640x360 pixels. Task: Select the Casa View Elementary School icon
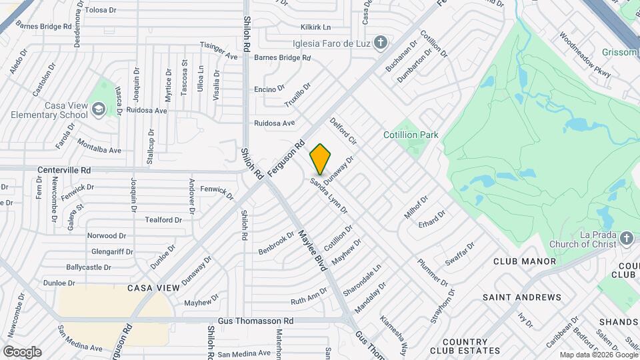tap(99, 109)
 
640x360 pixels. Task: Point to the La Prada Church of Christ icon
tap(626, 238)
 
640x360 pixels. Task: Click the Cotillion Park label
tap(411, 135)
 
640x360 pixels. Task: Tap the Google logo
tap(22, 352)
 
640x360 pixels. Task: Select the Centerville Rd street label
tap(64, 171)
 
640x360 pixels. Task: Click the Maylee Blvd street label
tap(311, 249)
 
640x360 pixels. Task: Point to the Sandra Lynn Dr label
tap(330, 196)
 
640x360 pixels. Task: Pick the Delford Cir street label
tap(344, 133)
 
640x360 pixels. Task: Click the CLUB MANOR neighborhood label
tap(524, 261)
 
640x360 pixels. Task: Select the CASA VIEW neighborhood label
tap(153, 288)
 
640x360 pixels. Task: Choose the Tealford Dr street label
tap(163, 220)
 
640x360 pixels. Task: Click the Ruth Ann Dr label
tap(309, 295)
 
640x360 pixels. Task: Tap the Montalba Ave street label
tap(99, 146)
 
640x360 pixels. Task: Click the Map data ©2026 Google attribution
tap(598, 355)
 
